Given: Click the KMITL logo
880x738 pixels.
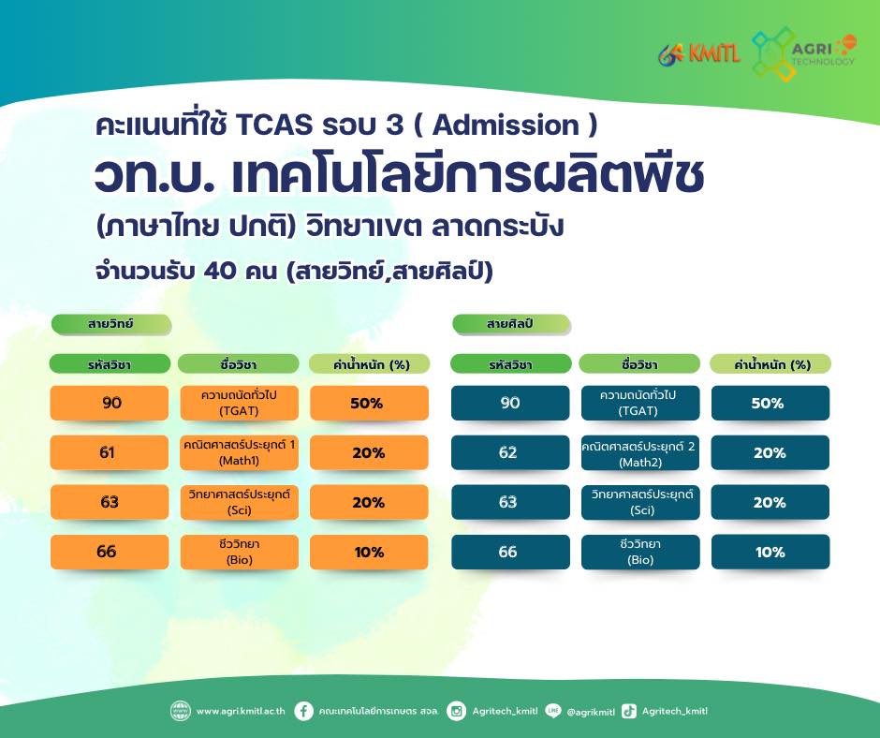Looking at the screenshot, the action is click(699, 54).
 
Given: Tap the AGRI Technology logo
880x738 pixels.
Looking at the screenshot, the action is click(803, 53).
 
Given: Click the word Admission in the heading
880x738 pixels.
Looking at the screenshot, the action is click(506, 125).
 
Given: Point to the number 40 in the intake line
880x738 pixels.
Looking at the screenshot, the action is click(219, 271).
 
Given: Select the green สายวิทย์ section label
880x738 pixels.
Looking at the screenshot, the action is click(111, 324).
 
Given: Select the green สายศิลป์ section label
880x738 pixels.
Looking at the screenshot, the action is click(511, 324).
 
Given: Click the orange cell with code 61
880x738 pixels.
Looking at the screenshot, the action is click(110, 452).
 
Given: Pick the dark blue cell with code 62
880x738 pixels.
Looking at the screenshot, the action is click(510, 452).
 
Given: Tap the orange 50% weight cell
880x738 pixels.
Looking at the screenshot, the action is click(369, 403).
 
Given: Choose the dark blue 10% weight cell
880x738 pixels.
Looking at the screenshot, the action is click(770, 552).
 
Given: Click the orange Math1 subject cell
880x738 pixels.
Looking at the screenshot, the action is click(239, 452).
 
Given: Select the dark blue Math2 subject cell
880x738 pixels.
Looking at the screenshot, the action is click(640, 452).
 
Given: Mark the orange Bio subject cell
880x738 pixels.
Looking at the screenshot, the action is click(239, 552).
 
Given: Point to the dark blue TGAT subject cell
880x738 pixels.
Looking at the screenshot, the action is click(640, 403).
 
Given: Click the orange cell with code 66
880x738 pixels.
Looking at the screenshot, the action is click(110, 552).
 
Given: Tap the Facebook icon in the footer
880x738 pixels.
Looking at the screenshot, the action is click(303, 711).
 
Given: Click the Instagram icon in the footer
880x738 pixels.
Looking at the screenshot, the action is click(456, 711).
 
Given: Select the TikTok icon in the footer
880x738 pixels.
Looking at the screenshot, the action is click(629, 711).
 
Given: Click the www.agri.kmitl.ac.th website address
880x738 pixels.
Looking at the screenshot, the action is click(241, 711).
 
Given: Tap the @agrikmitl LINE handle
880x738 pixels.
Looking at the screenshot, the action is click(591, 712).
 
